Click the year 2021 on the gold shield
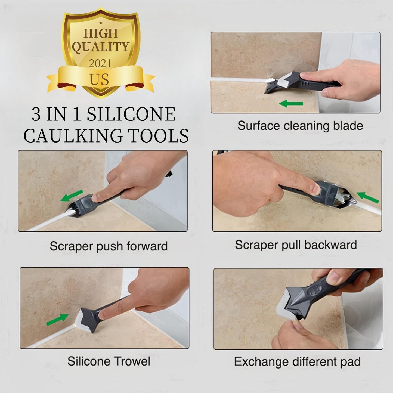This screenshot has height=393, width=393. point(100,63)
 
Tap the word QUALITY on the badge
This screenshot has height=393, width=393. point(100,47)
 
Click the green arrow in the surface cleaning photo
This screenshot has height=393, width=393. point(291,103)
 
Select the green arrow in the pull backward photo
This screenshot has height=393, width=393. point(367,197)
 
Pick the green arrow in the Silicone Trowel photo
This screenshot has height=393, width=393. point(57,320)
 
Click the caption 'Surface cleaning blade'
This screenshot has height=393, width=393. point(300,126)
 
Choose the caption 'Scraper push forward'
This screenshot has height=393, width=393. point(109,246)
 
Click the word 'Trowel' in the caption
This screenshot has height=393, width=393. point(132,361)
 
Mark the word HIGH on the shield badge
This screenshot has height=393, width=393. point(100,33)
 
